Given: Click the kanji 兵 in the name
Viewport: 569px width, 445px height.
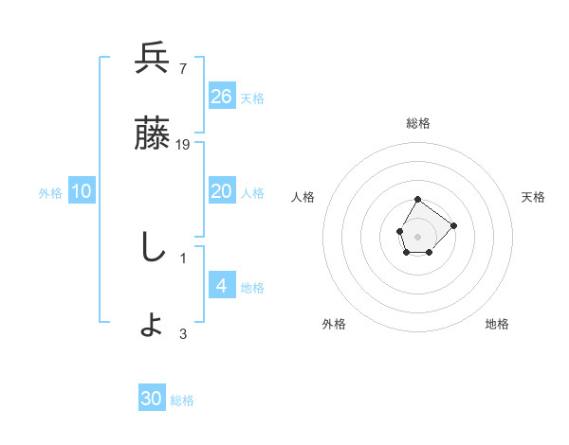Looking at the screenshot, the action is point(153,61).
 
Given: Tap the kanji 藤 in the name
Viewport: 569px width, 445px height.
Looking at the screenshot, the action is point(153,135).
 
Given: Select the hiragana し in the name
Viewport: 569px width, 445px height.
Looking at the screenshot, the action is point(152,248).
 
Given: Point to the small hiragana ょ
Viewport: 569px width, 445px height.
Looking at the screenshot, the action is point(153,326).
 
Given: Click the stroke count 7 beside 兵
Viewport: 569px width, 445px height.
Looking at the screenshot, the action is point(183,68).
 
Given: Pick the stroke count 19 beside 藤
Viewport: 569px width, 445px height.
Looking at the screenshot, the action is point(184,145).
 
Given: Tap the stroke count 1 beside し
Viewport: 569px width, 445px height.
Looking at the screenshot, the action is point(183,257).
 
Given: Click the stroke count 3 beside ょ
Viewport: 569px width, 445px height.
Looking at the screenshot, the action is point(183,333).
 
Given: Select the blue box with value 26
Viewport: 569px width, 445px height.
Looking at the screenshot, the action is point(222,97).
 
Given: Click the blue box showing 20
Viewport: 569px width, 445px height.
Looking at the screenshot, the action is point(222,191).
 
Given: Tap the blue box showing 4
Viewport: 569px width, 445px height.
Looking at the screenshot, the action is point(222,286).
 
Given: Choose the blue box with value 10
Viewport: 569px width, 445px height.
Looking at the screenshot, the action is point(82,191).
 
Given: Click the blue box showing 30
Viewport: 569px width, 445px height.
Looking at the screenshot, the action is point(152,400).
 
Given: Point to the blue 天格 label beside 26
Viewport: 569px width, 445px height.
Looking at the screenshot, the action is point(252,98).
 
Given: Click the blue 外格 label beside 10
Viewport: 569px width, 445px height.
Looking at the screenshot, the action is point(50,193).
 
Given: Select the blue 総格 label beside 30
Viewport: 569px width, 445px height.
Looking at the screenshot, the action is point(182,401).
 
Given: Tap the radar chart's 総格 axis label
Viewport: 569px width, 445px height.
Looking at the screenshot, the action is point(418,123).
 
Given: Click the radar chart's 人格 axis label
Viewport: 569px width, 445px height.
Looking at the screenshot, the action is point(303,197).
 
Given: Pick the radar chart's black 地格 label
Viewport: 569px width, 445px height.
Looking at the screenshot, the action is point(497,324).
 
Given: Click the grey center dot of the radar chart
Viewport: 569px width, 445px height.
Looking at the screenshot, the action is point(417,235).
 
